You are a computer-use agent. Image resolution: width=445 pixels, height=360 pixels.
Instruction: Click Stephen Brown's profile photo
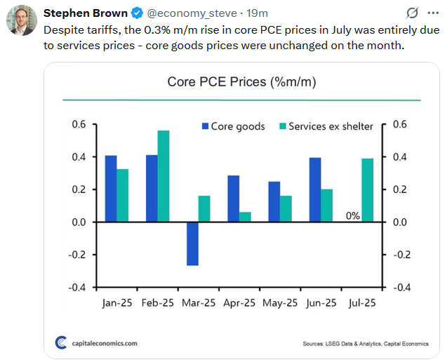coord(21,20)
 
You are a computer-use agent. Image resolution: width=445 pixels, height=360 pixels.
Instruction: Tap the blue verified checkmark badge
coord(138,13)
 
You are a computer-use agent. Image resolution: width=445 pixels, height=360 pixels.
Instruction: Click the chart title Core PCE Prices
coord(241,82)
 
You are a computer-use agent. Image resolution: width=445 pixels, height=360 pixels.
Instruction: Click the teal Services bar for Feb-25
coord(164,176)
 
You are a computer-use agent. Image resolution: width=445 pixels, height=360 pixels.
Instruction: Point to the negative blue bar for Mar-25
coord(192,244)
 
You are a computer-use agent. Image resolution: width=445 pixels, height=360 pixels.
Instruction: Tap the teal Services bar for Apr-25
coord(245,217)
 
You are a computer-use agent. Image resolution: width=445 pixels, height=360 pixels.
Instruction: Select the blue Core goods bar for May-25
coord(274,201)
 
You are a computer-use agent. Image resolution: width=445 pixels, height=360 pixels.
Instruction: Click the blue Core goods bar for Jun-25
coord(315,189)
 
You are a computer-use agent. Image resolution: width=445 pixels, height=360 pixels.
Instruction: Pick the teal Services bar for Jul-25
coord(368,190)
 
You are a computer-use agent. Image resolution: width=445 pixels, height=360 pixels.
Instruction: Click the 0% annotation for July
coord(352,216)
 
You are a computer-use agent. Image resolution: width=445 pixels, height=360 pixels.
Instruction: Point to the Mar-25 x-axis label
coord(198,304)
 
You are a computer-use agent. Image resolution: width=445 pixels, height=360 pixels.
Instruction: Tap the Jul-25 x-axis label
coord(361,304)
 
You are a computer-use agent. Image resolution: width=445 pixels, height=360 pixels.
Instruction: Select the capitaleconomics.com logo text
coord(98,343)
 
